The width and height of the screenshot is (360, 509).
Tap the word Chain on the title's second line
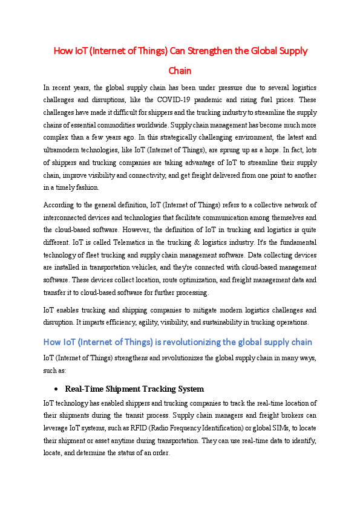(x=180, y=70)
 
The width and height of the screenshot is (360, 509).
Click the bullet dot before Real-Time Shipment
(x=56, y=389)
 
